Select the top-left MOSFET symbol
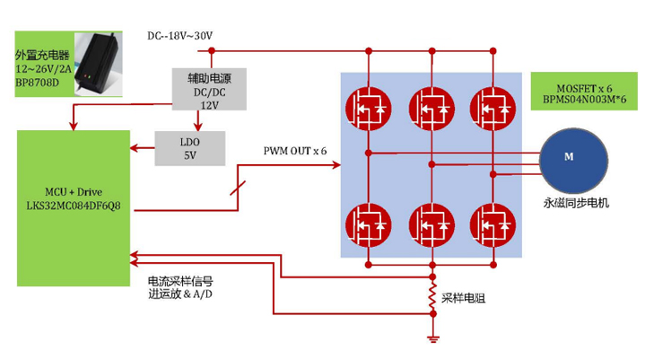click(368, 109)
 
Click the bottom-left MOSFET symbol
click(368, 223)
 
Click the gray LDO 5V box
click(189, 147)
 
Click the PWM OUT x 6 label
click(295, 149)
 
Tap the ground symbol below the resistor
click(433, 338)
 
